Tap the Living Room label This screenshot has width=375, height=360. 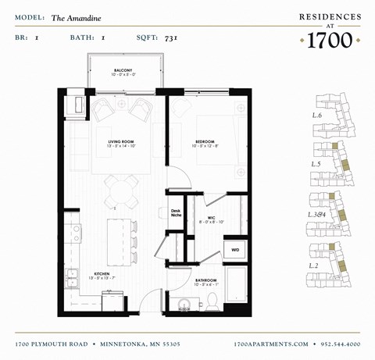tap(122, 143)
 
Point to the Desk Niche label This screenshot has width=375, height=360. tap(176, 212)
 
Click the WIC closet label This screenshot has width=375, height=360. tap(212, 219)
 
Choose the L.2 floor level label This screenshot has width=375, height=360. tap(316, 266)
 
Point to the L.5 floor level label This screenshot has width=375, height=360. tap(316, 164)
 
